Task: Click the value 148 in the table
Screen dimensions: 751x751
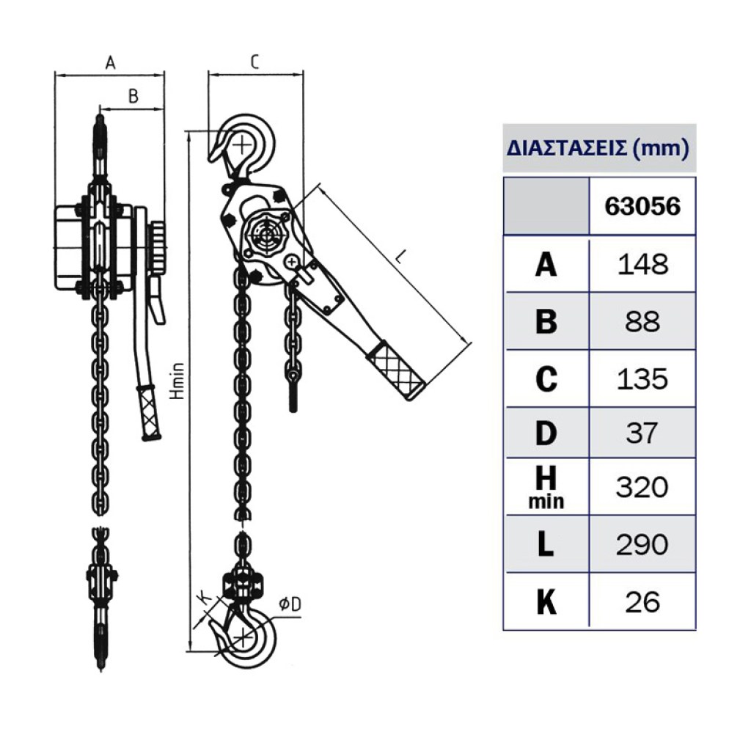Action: (642, 264)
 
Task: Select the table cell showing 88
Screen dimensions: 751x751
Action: (642, 321)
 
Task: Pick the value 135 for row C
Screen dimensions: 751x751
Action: (642, 379)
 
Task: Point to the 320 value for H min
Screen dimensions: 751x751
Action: (642, 487)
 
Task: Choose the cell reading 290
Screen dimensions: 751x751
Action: (642, 545)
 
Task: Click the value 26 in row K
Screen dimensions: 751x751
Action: (642, 602)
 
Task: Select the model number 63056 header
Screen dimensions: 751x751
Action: (642, 206)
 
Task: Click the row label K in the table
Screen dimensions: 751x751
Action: (546, 602)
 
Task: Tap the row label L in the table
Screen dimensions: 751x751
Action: (546, 545)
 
